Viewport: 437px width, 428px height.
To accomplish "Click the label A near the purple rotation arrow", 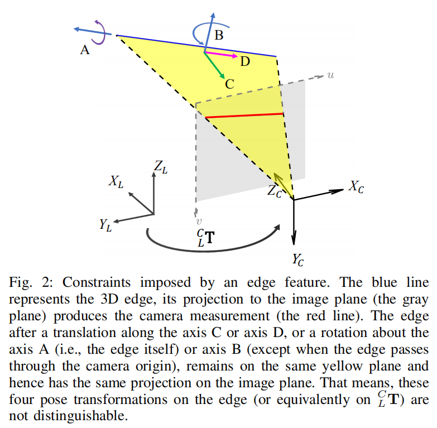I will pyautogui.click(x=85, y=50).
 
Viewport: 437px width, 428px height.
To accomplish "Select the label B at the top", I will pyautogui.click(x=219, y=36).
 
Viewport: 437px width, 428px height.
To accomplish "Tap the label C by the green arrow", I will pyautogui.click(x=229, y=84).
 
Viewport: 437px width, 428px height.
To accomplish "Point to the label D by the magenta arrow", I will pyautogui.click(x=246, y=62).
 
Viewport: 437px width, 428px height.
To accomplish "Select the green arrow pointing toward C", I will pyautogui.click(x=215, y=66).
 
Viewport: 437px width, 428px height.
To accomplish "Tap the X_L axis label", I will pyautogui.click(x=117, y=181).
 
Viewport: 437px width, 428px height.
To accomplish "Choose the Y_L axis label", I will pyautogui.click(x=105, y=225).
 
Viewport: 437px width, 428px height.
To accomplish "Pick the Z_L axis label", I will pyautogui.click(x=161, y=166).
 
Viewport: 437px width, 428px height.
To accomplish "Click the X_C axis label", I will pyautogui.click(x=357, y=187).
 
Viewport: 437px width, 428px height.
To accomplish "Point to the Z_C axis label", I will pyautogui.click(x=275, y=191).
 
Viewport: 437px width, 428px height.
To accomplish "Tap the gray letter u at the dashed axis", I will pyautogui.click(x=330, y=74).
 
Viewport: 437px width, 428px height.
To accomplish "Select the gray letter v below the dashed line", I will pyautogui.click(x=199, y=222).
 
